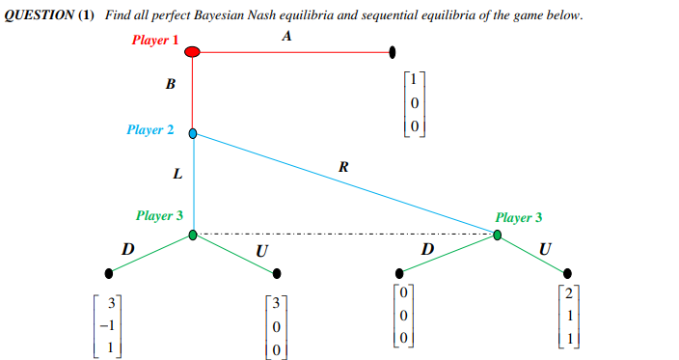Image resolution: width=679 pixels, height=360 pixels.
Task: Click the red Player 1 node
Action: tap(192, 51)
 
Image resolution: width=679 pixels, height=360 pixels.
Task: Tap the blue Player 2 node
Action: tap(193, 134)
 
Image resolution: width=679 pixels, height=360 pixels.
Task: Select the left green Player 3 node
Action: tap(193, 235)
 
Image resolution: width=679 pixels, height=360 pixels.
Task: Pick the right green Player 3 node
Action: tap(498, 235)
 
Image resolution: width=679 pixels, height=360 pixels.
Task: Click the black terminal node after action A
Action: tap(393, 51)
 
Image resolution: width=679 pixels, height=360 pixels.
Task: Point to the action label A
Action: tap(287, 36)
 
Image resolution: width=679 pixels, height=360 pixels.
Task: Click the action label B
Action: tap(171, 84)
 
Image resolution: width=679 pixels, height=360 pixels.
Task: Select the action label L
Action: tap(177, 175)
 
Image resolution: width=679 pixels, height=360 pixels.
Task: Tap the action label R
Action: tap(343, 168)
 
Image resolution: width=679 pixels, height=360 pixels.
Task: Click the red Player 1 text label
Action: tap(155, 40)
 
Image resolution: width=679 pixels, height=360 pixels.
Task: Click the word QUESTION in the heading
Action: tap(36, 16)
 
